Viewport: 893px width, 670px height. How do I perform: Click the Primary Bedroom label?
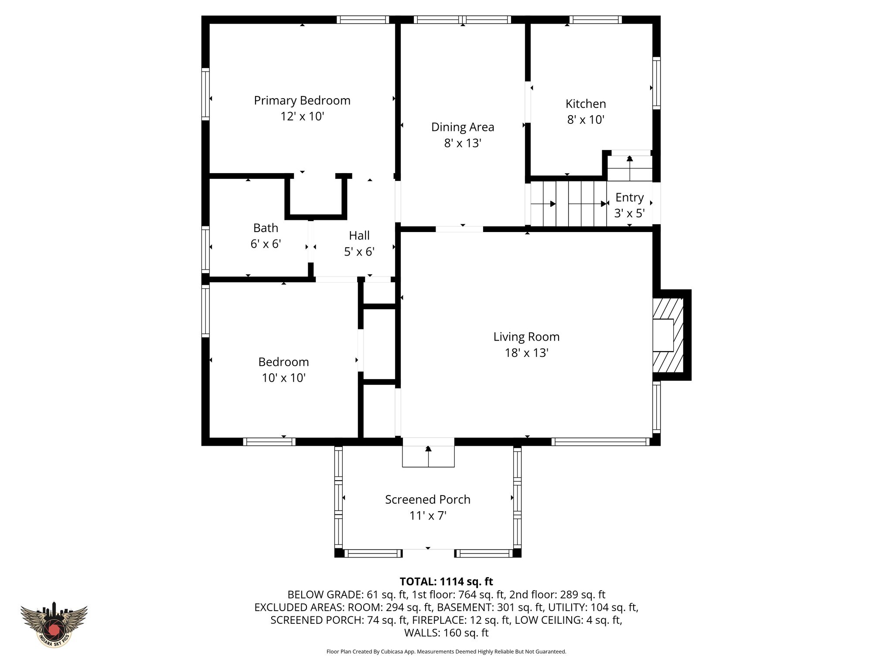click(302, 100)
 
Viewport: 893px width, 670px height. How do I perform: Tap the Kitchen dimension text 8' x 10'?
click(586, 120)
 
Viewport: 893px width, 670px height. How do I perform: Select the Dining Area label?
click(463, 127)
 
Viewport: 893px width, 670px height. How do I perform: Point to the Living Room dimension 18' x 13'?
click(526, 352)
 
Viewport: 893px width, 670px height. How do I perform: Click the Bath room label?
click(266, 228)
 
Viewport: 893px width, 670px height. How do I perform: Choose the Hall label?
click(359, 236)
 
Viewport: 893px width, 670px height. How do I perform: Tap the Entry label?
click(630, 198)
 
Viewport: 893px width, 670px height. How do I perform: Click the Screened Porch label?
click(428, 499)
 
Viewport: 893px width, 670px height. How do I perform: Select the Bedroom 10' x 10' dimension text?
click(283, 378)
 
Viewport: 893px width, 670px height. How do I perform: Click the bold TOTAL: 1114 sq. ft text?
click(446, 581)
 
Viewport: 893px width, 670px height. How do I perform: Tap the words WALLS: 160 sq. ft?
click(446, 632)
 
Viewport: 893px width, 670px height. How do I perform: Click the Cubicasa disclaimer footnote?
click(446, 652)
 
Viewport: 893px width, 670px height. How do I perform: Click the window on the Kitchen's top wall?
click(595, 20)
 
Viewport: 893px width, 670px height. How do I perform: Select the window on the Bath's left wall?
click(205, 250)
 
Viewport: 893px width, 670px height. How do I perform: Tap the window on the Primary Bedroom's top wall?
click(363, 20)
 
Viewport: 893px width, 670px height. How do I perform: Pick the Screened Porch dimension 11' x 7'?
click(428, 516)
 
